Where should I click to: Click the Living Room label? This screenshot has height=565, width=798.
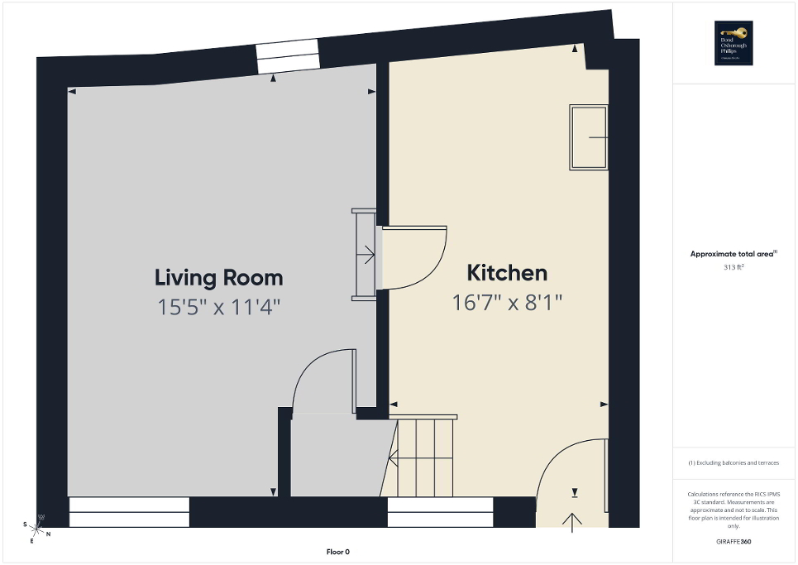click(x=219, y=277)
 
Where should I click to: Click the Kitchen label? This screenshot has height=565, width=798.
click(x=507, y=273)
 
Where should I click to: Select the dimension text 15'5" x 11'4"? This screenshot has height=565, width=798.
click(x=219, y=307)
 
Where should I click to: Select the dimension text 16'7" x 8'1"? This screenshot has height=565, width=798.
click(x=507, y=303)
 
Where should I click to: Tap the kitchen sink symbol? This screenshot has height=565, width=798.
click(x=588, y=137)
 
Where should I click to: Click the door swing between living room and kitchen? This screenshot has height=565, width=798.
click(x=413, y=257)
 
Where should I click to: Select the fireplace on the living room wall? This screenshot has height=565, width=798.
click(x=365, y=255)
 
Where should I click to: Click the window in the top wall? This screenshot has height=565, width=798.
click(x=287, y=55)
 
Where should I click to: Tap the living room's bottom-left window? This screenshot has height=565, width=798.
click(x=129, y=511)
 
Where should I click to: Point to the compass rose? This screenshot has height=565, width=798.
click(x=37, y=527)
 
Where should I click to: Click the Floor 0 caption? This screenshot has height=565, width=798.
click(x=338, y=552)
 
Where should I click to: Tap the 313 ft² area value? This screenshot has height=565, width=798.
click(x=733, y=267)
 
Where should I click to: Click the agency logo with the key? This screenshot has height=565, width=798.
click(x=733, y=43)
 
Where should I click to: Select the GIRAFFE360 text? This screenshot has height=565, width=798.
click(x=734, y=542)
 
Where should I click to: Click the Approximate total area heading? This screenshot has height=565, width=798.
click(x=733, y=255)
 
